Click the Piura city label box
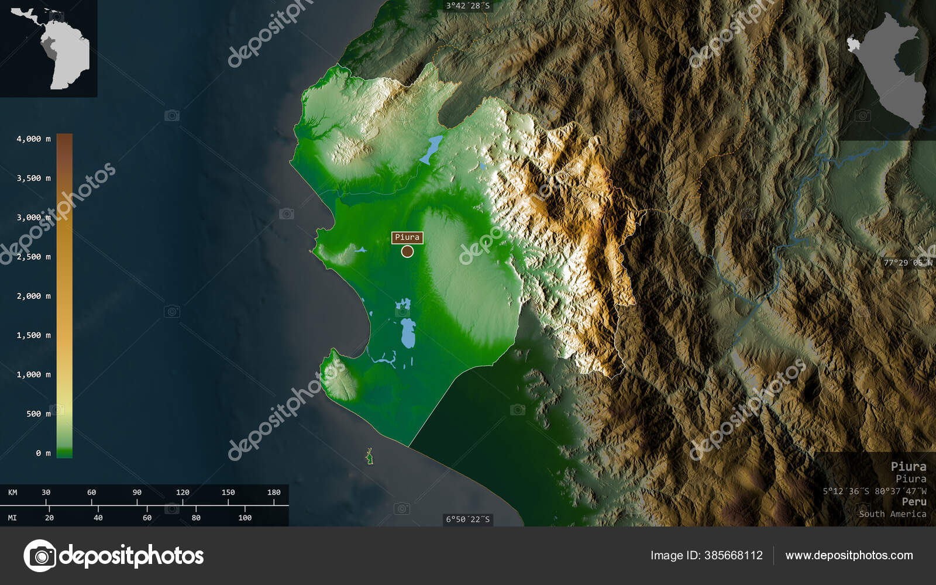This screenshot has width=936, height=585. coord(407,237)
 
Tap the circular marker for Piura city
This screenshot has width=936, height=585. coord(407,252)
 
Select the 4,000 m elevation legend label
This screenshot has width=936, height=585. coord(33,139)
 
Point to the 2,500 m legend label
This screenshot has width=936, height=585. coord(33,257)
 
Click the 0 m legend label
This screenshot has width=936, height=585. coord(43,453)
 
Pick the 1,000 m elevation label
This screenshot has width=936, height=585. coord(33,374)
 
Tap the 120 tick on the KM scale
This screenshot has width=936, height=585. coord(183,493)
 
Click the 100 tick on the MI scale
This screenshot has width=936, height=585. coord(245,518)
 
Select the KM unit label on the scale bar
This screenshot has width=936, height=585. coord(12,493)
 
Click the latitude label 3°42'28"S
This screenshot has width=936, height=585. coord(467,6)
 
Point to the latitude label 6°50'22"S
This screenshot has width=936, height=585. coord(467,519)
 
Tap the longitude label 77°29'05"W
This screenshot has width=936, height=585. coord(907,263)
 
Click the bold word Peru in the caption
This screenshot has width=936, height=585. coord(914,502)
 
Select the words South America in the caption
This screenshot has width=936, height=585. coord(892,514)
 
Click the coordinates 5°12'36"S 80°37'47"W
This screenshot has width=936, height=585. coord(874,491)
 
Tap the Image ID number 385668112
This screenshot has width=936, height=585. coord(735,556)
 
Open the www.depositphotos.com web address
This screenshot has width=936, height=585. coord(849,556)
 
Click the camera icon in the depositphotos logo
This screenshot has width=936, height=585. coord(40,556)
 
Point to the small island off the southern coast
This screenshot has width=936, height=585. coord(369,456)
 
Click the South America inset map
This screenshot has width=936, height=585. coord(49,48)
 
